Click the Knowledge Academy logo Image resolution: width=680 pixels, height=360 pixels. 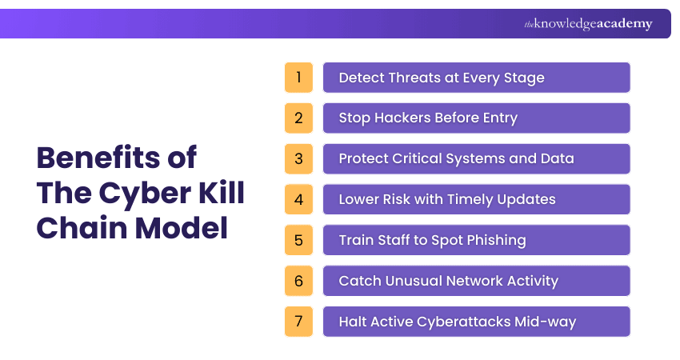588,24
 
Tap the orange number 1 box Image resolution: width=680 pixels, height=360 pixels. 298,78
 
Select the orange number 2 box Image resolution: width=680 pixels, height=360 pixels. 298,118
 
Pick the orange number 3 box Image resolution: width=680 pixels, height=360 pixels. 298,158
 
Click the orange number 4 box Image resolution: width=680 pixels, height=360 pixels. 298,199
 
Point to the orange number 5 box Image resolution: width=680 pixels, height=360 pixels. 298,240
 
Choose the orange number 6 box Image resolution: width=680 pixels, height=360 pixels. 298,281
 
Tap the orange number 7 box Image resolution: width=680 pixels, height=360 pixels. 298,322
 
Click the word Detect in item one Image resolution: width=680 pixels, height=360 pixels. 361,78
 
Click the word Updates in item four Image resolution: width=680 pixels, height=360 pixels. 528,199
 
